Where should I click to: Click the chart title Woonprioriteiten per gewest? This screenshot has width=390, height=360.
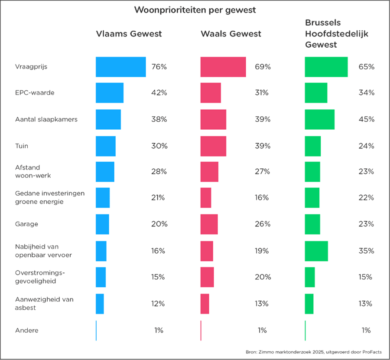coord(195,10)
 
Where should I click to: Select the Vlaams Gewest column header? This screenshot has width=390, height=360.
coord(129,34)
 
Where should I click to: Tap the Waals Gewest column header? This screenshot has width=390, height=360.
coord(231,34)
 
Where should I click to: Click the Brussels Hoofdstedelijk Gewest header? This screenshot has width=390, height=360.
coord(336,34)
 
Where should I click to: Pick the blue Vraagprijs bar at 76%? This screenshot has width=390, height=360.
coord(120,67)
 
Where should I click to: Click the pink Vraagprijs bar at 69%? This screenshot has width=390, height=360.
coord(223,67)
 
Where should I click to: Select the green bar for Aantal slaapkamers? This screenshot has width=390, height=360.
coord(319,119)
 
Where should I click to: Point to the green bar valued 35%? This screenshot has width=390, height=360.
coord(316,251)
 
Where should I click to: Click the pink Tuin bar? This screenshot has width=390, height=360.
coord(213,146)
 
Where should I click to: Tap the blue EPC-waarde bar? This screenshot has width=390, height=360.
coord(109,93)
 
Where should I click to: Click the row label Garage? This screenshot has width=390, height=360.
coord(26,224)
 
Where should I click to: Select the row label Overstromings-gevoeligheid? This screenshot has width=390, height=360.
coord(36,277)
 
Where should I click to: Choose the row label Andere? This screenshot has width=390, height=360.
coord(26,331)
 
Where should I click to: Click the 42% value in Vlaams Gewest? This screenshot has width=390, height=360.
coord(159,93)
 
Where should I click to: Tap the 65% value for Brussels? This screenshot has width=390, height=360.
coord(366,67)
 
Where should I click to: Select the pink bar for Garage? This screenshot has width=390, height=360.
coord(209,224)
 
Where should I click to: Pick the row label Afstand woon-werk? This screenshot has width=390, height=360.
coord(33,171)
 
